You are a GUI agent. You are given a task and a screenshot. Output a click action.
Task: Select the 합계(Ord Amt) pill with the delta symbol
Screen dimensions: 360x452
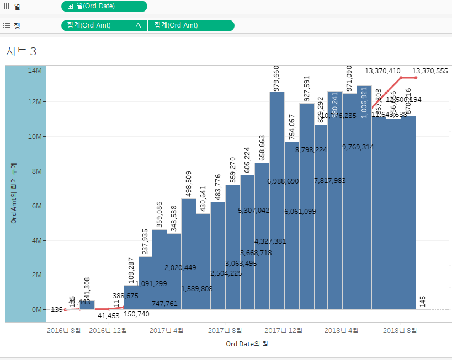[x=104, y=25]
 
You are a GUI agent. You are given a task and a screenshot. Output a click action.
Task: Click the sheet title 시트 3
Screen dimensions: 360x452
[x=22, y=51]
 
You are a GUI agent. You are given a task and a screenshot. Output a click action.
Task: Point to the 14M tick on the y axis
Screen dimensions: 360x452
[x=35, y=70]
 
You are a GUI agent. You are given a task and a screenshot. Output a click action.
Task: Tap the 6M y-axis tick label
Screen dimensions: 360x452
[x=36, y=206]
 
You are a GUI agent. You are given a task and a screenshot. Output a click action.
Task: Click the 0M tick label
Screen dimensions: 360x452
[x=36, y=310]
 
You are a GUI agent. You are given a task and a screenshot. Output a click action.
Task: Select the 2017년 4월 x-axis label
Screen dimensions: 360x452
[x=166, y=331]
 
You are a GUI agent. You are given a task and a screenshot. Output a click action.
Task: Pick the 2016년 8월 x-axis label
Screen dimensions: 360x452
[x=63, y=331]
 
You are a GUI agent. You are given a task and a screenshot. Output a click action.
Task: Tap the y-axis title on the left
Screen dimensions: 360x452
[x=13, y=193]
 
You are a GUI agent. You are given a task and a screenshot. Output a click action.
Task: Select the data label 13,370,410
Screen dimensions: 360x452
[x=382, y=71]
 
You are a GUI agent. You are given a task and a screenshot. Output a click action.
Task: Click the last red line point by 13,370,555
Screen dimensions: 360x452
[x=416, y=78]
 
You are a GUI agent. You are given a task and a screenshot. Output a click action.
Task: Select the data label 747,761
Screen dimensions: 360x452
[x=164, y=303]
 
